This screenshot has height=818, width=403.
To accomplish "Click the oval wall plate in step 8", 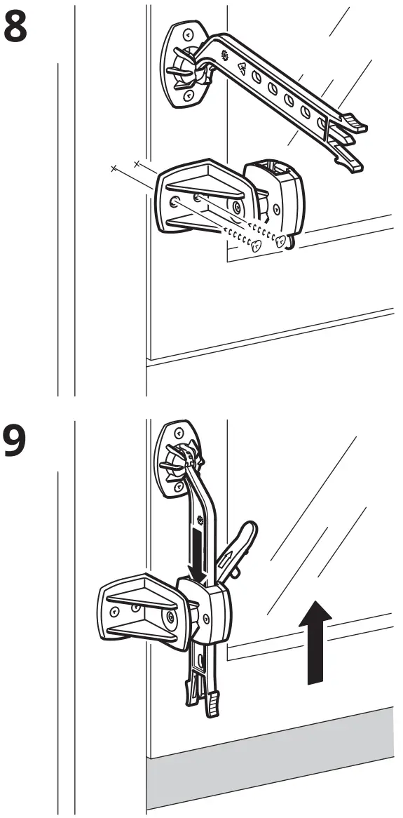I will point(182,65).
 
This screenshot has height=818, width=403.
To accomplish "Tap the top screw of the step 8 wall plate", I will point(188,35).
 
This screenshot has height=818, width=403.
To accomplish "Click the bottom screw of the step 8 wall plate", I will point(188,94).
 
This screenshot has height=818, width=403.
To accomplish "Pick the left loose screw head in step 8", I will point(257,244).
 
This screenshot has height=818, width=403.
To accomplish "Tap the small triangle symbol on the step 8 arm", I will point(242,68).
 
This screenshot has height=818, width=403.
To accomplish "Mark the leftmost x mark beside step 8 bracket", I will point(113,168).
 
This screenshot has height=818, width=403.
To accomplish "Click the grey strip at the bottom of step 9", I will point(273,765).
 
